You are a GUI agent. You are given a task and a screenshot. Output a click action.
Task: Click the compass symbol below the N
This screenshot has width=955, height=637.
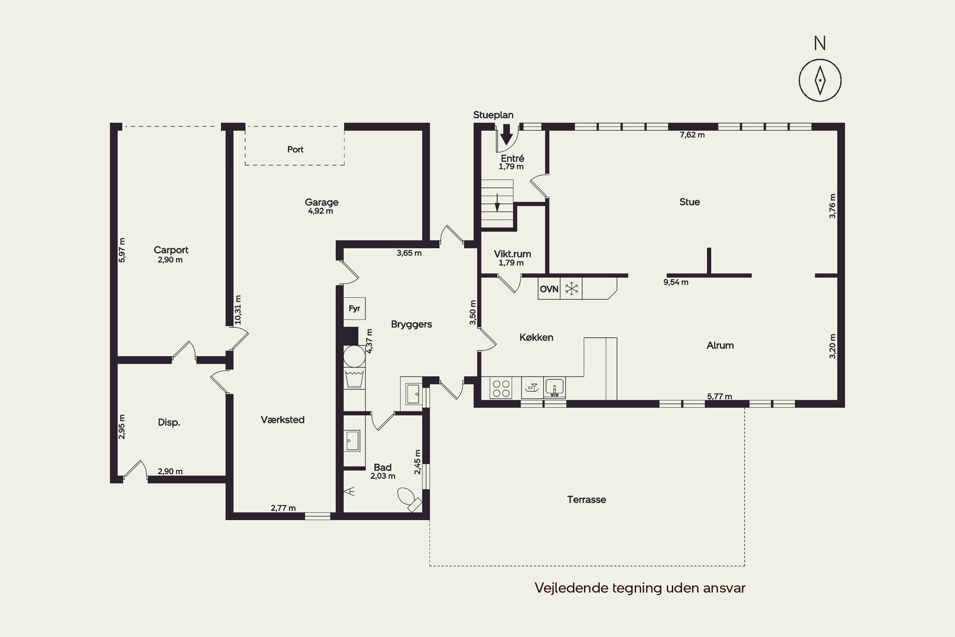(x=820, y=80)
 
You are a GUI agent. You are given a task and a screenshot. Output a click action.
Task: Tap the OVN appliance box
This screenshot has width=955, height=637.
(x=549, y=289)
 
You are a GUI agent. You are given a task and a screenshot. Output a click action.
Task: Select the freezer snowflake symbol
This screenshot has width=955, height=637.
(x=571, y=289)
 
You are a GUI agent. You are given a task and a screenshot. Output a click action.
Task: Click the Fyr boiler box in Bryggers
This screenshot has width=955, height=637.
(x=355, y=308)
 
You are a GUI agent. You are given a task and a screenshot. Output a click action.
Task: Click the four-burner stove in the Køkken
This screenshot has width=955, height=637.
(x=501, y=388)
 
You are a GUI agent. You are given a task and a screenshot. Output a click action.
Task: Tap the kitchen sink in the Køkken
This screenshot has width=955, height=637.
(x=554, y=388)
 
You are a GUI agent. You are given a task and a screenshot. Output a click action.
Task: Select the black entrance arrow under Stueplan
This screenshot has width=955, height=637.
(x=506, y=134)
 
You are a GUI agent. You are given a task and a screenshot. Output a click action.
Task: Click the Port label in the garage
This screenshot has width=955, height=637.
(x=295, y=149)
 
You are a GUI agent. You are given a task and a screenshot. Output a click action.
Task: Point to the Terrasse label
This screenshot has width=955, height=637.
(x=586, y=500)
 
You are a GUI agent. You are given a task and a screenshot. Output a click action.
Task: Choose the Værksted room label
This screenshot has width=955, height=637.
(x=283, y=420)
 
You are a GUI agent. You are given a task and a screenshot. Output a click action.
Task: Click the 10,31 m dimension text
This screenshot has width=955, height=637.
(x=238, y=310)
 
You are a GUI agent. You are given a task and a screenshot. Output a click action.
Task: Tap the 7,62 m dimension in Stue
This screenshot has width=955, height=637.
(x=692, y=135)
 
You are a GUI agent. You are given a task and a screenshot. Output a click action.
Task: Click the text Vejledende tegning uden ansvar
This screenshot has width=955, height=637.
(x=640, y=588)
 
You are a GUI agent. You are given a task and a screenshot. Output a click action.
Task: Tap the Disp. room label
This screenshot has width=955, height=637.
(x=169, y=423)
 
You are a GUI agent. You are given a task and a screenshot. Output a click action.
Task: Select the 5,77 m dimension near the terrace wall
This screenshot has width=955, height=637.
(x=719, y=397)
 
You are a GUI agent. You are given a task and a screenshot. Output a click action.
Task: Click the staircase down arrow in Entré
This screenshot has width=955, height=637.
(x=497, y=203)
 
